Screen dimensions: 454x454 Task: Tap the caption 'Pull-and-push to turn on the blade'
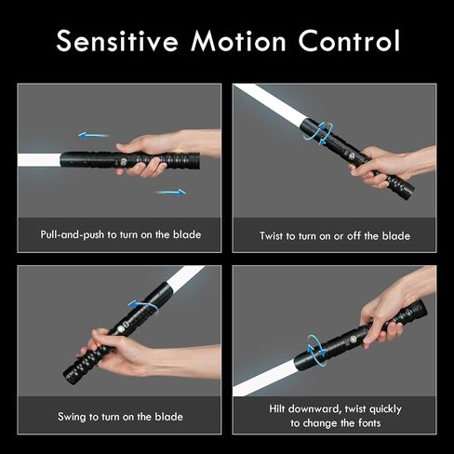120,234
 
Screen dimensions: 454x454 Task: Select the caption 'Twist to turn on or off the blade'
334,235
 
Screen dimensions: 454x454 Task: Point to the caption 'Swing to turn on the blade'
120,415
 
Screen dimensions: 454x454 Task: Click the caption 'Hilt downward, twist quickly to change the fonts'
334,415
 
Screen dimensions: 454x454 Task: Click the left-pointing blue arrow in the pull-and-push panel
93,136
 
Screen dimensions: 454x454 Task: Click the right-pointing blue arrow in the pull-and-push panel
170,193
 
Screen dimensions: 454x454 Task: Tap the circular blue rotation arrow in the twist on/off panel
317,130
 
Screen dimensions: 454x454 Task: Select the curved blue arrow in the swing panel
142,305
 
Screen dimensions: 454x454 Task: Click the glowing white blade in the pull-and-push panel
38,160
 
